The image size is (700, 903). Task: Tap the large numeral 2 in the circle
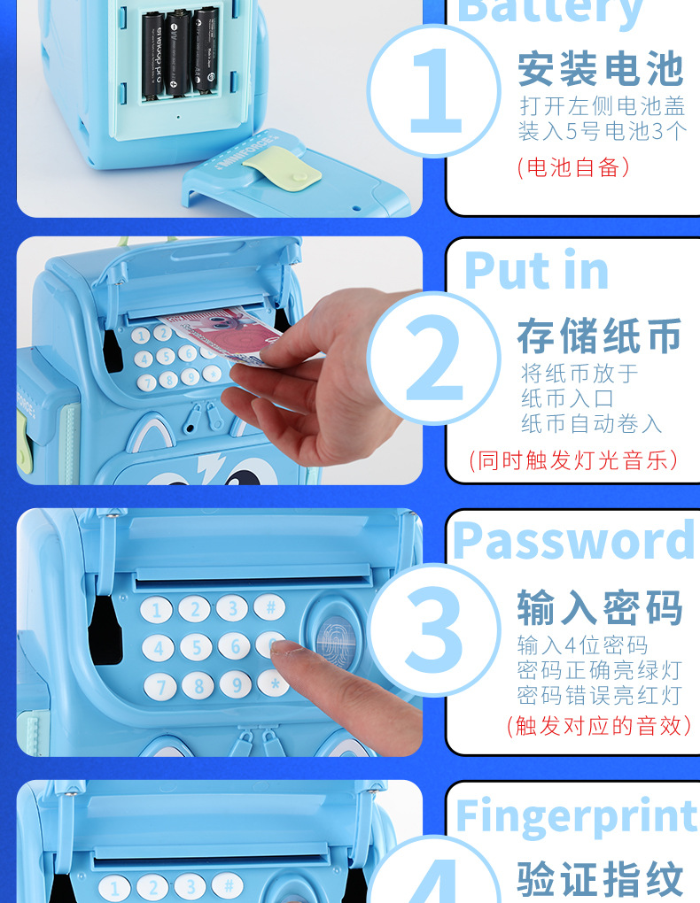pos(434,359)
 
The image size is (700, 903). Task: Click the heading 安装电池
pos(601,68)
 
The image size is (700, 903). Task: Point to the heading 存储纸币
pos(600,337)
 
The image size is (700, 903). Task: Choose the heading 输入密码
pos(600,608)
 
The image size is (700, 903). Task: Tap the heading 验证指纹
pos(600,880)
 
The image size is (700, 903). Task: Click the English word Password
pos(574,541)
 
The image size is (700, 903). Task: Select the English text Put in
pos(536,270)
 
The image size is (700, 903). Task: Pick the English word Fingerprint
pos(576,816)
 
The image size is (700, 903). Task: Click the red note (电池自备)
pos(573,166)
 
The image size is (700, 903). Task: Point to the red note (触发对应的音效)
pos(599,726)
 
